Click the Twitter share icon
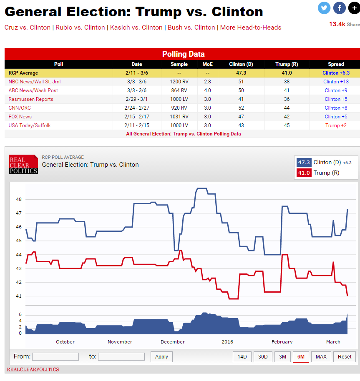[324, 8]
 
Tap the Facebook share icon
[340, 8]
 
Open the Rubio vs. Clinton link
[80, 28]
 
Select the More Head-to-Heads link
[251, 28]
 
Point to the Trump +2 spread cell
[336, 125]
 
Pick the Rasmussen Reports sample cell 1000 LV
[179, 99]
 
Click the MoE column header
[207, 64]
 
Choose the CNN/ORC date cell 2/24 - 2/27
[137, 108]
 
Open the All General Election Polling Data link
[183, 134]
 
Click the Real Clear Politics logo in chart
[23, 165]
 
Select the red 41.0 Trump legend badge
[304, 173]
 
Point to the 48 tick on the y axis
[19, 199]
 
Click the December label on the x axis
[173, 342]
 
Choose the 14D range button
[242, 357]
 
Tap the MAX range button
[321, 357]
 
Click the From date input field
[55, 357]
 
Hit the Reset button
[345, 357]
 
